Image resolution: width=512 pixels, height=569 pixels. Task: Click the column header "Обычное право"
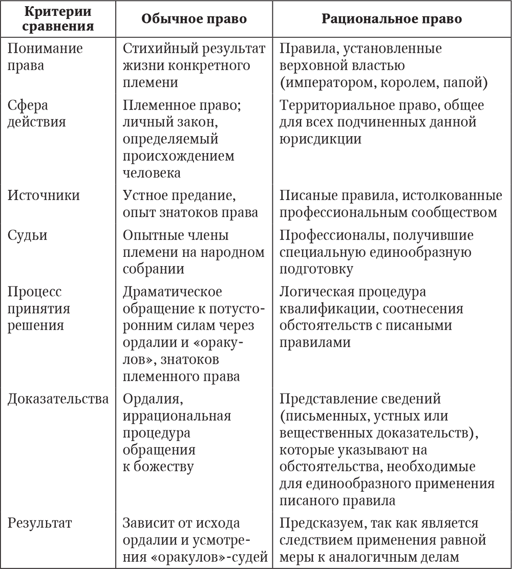194,19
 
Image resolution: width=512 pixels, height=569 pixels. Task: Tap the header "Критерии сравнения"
58,19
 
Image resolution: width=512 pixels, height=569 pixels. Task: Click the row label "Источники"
44,195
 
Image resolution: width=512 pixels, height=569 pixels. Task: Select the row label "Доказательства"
58,399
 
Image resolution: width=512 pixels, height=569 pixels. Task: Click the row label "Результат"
39,523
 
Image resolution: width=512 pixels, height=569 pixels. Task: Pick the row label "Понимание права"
45,57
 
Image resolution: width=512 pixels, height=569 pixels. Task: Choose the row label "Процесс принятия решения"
39,309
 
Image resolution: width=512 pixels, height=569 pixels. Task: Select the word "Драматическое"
173,292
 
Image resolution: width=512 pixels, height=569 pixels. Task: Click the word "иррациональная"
177,415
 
